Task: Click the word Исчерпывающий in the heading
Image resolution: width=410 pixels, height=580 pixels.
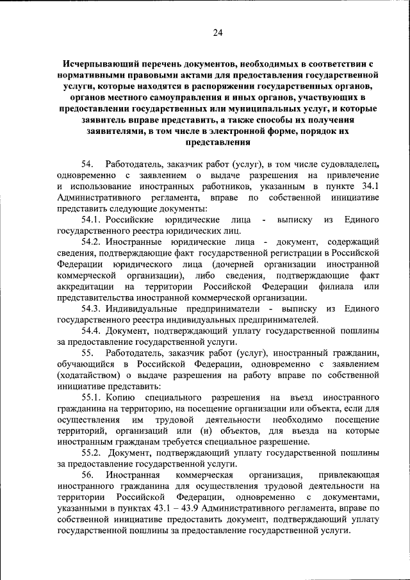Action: (x=98, y=65)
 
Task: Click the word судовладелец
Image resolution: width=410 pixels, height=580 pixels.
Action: (x=347, y=165)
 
